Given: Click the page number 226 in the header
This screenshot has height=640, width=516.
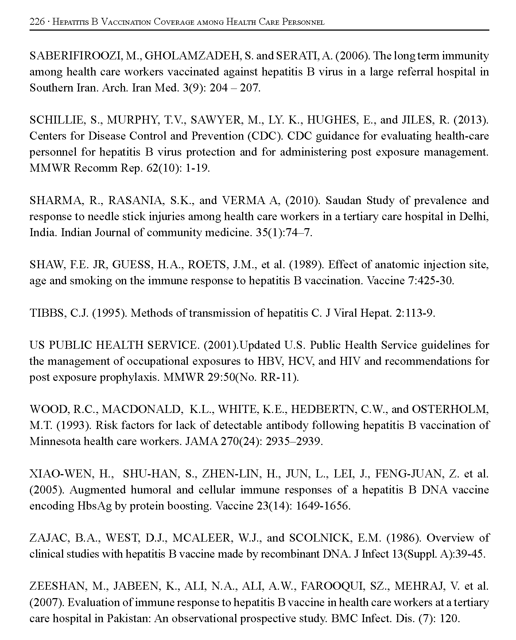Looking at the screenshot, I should (x=37, y=22).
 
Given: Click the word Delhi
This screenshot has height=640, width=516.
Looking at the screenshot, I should (x=473, y=217).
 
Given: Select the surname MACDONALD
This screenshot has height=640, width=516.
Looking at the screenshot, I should (x=141, y=410).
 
